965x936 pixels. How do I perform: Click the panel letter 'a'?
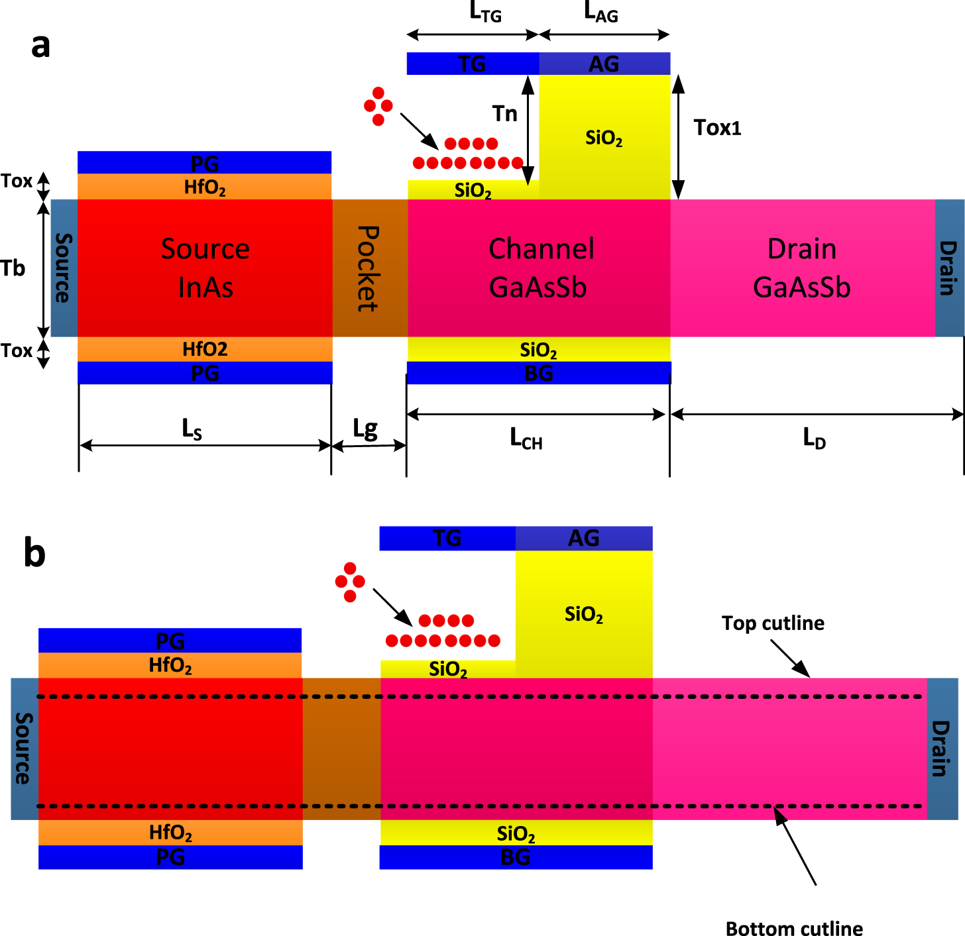click(40, 46)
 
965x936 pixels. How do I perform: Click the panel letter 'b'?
click(34, 553)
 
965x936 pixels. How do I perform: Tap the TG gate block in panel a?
click(473, 64)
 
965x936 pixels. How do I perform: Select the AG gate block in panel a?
click(604, 64)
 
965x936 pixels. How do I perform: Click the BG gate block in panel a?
click(539, 373)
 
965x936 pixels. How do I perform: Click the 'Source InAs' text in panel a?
click(205, 268)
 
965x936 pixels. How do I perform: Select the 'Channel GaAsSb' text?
click(540, 268)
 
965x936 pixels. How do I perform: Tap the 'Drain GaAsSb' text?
click(802, 268)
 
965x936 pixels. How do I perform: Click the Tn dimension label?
click(505, 114)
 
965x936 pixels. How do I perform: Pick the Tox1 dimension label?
click(717, 128)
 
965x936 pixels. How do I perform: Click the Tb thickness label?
click(13, 268)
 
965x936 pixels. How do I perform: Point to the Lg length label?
click(365, 429)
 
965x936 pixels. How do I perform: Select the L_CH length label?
click(526, 439)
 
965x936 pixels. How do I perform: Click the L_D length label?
click(815, 438)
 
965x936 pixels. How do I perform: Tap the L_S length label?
click(192, 429)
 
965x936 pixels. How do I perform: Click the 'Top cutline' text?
click(773, 623)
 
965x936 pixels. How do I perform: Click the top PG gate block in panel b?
click(170, 641)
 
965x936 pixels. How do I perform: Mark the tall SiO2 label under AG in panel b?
click(584, 615)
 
